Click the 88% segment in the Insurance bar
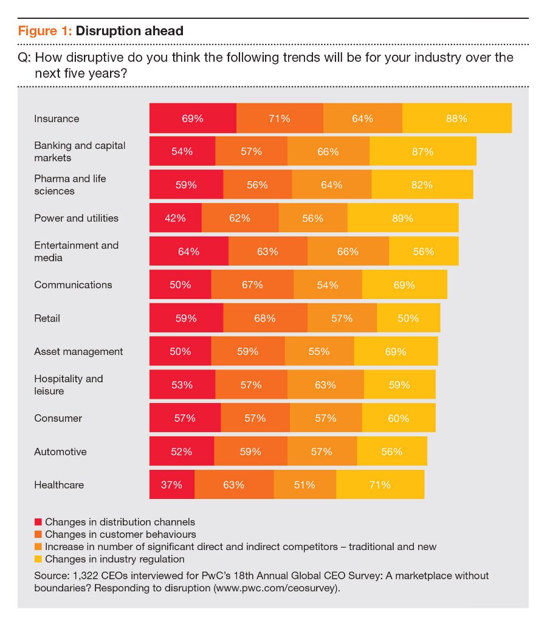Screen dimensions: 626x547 click(x=456, y=119)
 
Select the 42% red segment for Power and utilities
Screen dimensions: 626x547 click(x=175, y=218)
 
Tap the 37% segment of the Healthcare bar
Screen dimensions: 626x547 click(x=172, y=485)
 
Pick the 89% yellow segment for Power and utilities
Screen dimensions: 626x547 click(x=402, y=218)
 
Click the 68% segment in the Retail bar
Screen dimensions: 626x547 click(x=265, y=318)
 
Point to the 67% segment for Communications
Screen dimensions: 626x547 click(x=252, y=285)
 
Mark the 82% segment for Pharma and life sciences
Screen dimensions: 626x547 click(x=422, y=185)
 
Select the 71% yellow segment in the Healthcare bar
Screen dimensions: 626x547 click(x=380, y=485)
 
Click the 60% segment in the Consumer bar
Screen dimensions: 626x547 click(x=399, y=418)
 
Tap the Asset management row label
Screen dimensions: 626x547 click(x=78, y=351)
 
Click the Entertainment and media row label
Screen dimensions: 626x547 click(x=76, y=252)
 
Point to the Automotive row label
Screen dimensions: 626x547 click(x=60, y=452)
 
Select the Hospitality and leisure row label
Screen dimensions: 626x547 click(x=69, y=385)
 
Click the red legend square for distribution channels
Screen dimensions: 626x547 click(x=38, y=521)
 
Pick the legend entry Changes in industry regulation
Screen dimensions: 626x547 click(x=114, y=559)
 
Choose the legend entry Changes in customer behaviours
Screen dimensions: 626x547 click(x=120, y=534)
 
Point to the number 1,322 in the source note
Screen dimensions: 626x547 click(x=81, y=575)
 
